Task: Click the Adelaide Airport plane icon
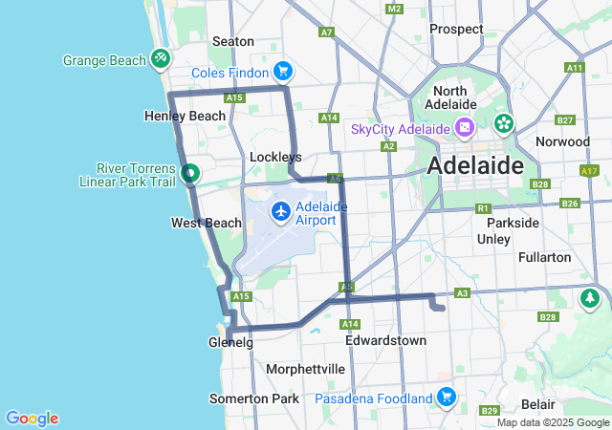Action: tap(281, 211)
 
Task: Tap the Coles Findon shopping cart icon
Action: tap(283, 71)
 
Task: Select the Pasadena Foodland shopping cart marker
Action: tap(447, 397)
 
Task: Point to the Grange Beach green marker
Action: tap(161, 59)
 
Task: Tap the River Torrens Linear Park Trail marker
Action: tap(190, 174)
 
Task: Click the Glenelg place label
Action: tap(230, 342)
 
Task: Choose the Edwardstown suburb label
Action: tap(384, 340)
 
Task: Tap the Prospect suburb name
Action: tap(456, 29)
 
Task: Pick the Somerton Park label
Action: tap(253, 398)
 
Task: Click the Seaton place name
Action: tap(232, 41)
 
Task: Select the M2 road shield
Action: tap(394, 9)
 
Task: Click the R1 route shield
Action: tap(483, 207)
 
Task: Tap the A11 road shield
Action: tap(574, 68)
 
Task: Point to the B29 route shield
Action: tap(490, 411)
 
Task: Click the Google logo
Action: tap(32, 418)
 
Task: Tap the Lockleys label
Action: tap(275, 156)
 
